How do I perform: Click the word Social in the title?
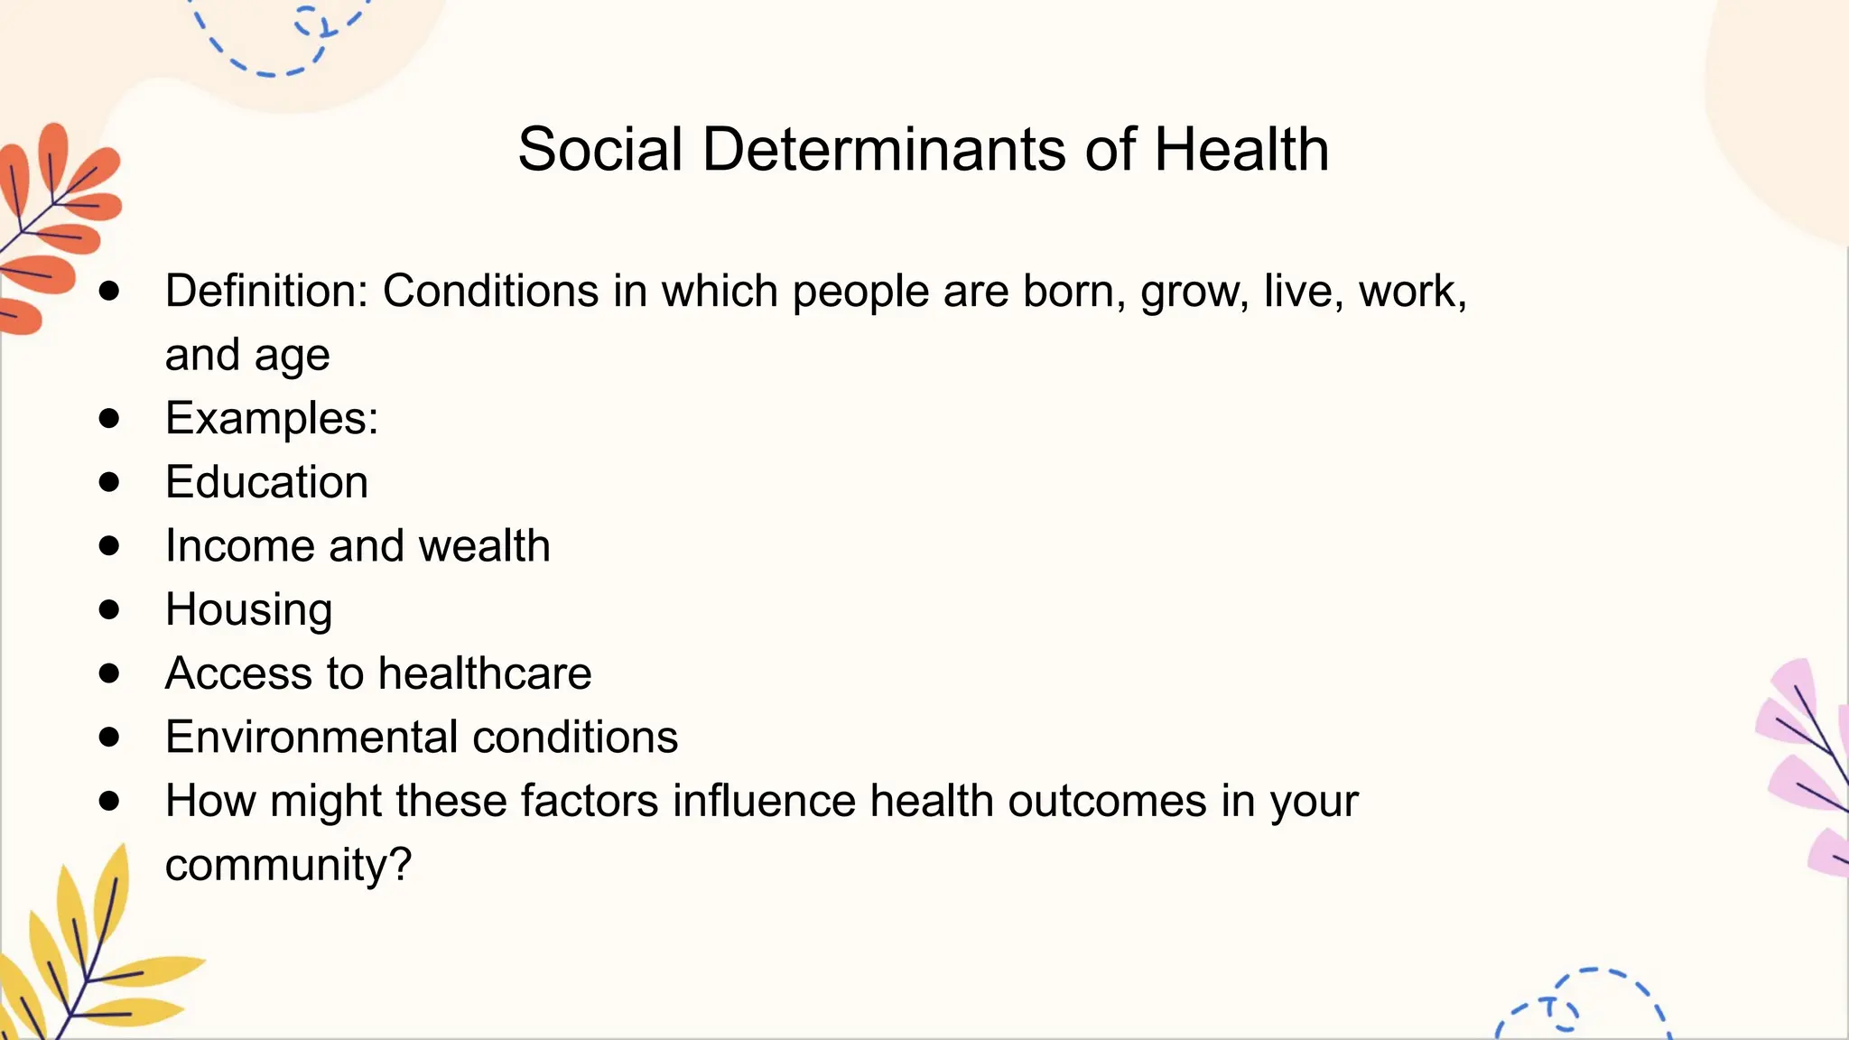point(599,150)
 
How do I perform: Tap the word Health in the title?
point(1241,150)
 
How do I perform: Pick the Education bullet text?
point(267,482)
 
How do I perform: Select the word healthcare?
point(485,673)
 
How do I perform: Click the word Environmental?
point(312,738)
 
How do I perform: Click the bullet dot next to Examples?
point(109,419)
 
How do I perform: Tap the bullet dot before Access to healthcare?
point(109,673)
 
